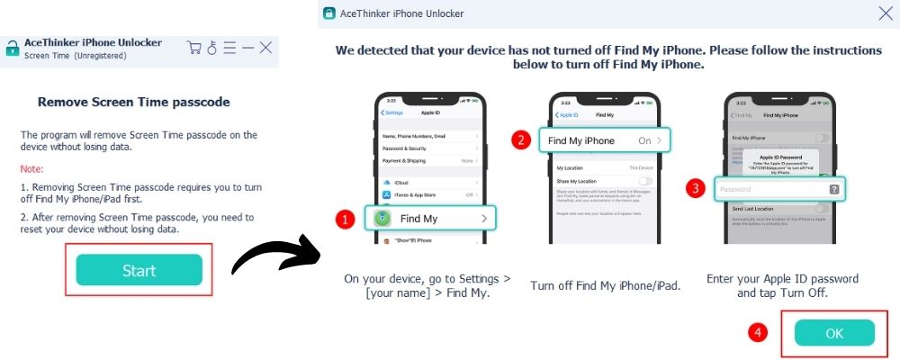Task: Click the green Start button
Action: (x=139, y=270)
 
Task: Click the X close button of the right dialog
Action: (x=885, y=13)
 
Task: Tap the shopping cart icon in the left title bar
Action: (x=193, y=47)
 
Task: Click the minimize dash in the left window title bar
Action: (x=247, y=47)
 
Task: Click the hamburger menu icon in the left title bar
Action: (x=229, y=47)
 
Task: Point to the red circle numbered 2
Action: (x=518, y=140)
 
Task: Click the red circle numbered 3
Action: (x=694, y=189)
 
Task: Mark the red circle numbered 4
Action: (x=759, y=332)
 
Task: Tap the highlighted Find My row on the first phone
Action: (x=431, y=218)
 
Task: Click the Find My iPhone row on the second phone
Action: (x=605, y=140)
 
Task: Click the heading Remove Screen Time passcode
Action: (x=132, y=102)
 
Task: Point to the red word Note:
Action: (x=32, y=169)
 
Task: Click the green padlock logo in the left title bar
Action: (x=12, y=49)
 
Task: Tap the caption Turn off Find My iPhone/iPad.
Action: (x=605, y=285)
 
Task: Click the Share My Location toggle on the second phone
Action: (x=645, y=181)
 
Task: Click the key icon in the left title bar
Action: (x=212, y=47)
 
